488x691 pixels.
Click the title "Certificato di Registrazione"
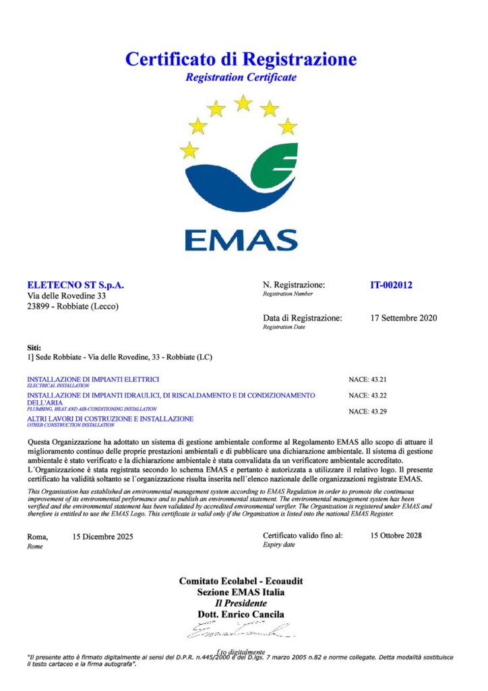pyautogui.click(x=241, y=59)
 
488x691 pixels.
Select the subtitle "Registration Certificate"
pyautogui.click(x=241, y=78)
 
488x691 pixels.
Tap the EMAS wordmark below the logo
pyautogui.click(x=241, y=240)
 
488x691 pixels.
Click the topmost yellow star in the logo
pyautogui.click(x=243, y=103)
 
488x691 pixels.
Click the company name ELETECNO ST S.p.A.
pyautogui.click(x=75, y=285)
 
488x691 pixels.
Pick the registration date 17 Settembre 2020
pyautogui.click(x=404, y=317)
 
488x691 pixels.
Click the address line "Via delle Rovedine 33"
pyautogui.click(x=66, y=296)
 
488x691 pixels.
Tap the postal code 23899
pyautogui.click(x=39, y=306)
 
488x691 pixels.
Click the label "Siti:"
pyautogui.click(x=34, y=348)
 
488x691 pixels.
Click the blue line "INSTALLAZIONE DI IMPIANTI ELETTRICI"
pyautogui.click(x=93, y=379)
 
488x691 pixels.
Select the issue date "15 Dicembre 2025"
pyautogui.click(x=102, y=537)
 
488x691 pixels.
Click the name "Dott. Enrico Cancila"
pyautogui.click(x=241, y=615)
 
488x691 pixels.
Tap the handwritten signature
pyautogui.click(x=239, y=631)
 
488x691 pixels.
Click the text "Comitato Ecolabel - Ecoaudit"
pyautogui.click(x=241, y=581)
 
